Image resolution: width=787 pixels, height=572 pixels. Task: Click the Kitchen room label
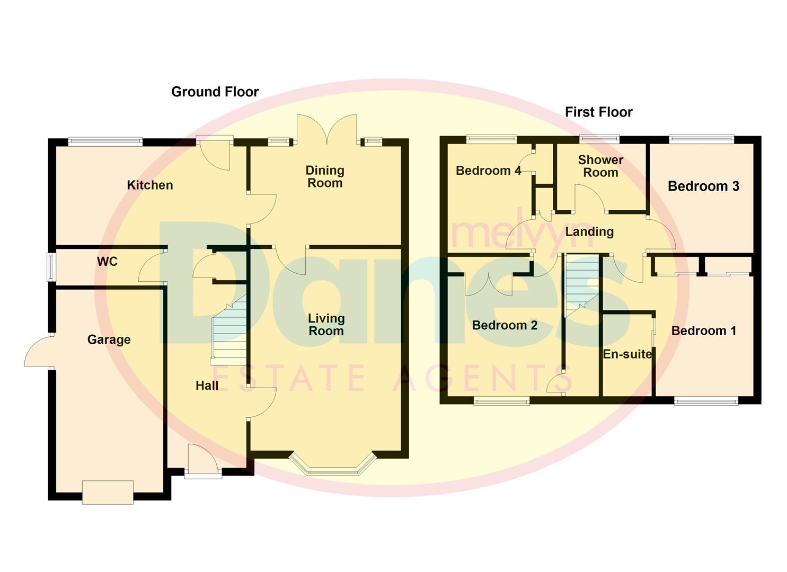[150, 185]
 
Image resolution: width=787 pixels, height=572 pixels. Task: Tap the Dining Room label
[325, 176]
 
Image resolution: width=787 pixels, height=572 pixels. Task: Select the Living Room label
[326, 325]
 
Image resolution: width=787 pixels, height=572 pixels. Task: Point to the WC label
[107, 262]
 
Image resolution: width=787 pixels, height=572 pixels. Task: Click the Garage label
[109, 339]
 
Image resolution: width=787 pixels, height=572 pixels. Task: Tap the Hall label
[207, 386]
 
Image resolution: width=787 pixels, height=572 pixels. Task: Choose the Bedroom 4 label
[488, 171]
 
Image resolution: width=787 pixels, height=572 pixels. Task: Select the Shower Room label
[600, 166]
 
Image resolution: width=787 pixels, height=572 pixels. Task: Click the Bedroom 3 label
[703, 186]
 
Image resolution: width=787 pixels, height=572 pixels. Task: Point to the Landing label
[589, 231]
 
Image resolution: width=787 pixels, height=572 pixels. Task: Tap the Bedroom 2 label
[505, 325]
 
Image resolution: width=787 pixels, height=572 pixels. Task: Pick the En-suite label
[627, 354]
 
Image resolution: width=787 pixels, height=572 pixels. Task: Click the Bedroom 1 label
[704, 331]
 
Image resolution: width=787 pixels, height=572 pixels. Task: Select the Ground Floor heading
[215, 92]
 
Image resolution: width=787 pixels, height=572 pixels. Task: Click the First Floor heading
[598, 112]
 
